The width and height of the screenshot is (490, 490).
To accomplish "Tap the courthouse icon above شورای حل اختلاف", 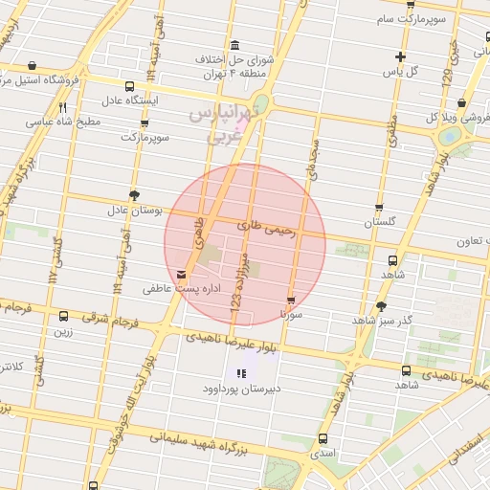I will tap(235, 46).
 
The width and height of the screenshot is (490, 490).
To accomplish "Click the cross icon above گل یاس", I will tap(400, 56).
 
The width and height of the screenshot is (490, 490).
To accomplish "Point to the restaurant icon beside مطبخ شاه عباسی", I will tap(62, 108).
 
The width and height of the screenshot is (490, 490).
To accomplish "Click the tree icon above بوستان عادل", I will tap(134, 194).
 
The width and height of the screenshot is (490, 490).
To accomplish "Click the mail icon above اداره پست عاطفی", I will tap(182, 275).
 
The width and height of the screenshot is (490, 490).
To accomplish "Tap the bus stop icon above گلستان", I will tap(379, 208).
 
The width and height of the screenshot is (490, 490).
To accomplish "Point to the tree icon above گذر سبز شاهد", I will tap(382, 306).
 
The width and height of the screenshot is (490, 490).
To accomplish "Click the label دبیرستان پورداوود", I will tap(239, 389).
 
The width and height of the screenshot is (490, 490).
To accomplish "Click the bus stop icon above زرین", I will tap(63, 317).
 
